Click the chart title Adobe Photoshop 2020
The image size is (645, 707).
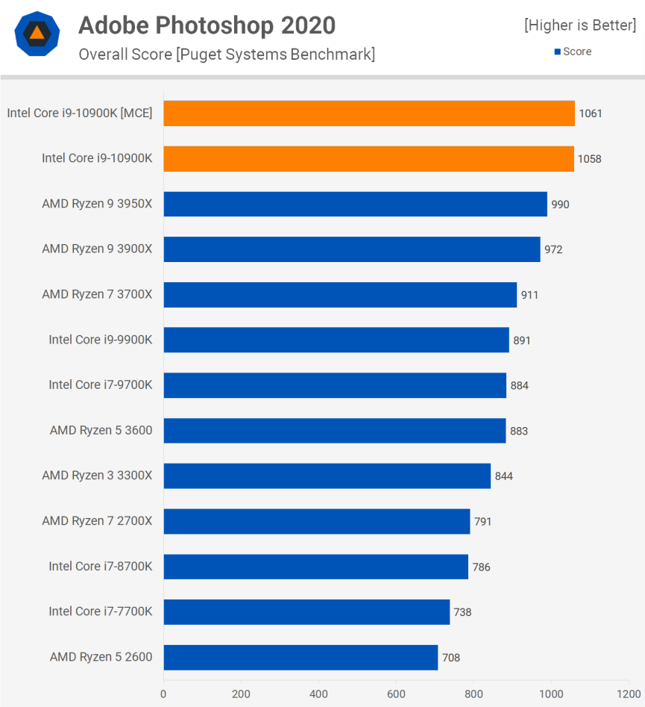click(x=207, y=26)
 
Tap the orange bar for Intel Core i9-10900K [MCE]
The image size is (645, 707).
click(x=369, y=113)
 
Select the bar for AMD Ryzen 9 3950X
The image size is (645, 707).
click(x=355, y=204)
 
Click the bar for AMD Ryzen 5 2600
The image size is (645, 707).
click(x=301, y=658)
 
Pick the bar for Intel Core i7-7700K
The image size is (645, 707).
click(x=306, y=612)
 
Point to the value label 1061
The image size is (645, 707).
click(x=590, y=113)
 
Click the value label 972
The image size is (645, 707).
click(x=553, y=249)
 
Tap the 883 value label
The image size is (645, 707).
click(x=519, y=431)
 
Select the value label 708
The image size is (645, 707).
click(x=451, y=658)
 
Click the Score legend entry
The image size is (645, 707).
click(x=573, y=52)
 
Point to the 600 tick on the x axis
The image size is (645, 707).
click(x=396, y=693)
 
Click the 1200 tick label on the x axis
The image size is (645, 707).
click(x=628, y=693)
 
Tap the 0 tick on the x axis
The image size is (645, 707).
click(x=163, y=693)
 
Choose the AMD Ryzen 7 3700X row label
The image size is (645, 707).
click(x=97, y=295)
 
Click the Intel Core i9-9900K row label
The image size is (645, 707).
click(x=101, y=340)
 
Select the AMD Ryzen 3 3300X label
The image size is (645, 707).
click(x=97, y=476)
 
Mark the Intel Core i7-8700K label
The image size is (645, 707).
click(x=101, y=567)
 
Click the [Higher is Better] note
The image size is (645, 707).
click(x=580, y=25)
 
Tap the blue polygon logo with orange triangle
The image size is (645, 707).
click(x=37, y=34)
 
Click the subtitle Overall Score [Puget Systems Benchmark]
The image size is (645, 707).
click(x=227, y=54)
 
